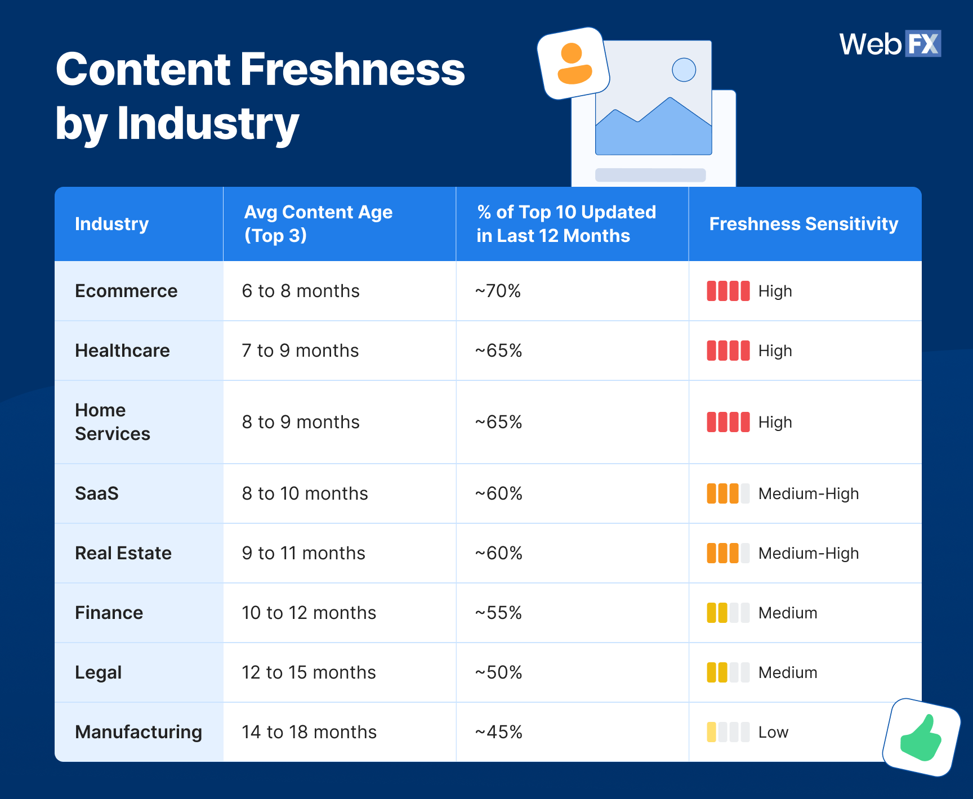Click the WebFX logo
890,44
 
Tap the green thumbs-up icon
921,738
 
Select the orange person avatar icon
574,64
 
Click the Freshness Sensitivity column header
804,224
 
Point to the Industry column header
111,224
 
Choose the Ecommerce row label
126,291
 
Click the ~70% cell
498,291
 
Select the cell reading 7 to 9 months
300,351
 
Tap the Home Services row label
113,422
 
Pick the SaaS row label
97,493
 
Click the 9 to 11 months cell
303,553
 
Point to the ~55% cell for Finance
498,613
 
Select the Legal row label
99,672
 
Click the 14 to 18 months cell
309,732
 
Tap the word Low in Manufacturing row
773,732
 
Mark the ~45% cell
498,732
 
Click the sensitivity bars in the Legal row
728,672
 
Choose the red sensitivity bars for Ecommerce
728,291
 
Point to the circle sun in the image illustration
684,70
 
